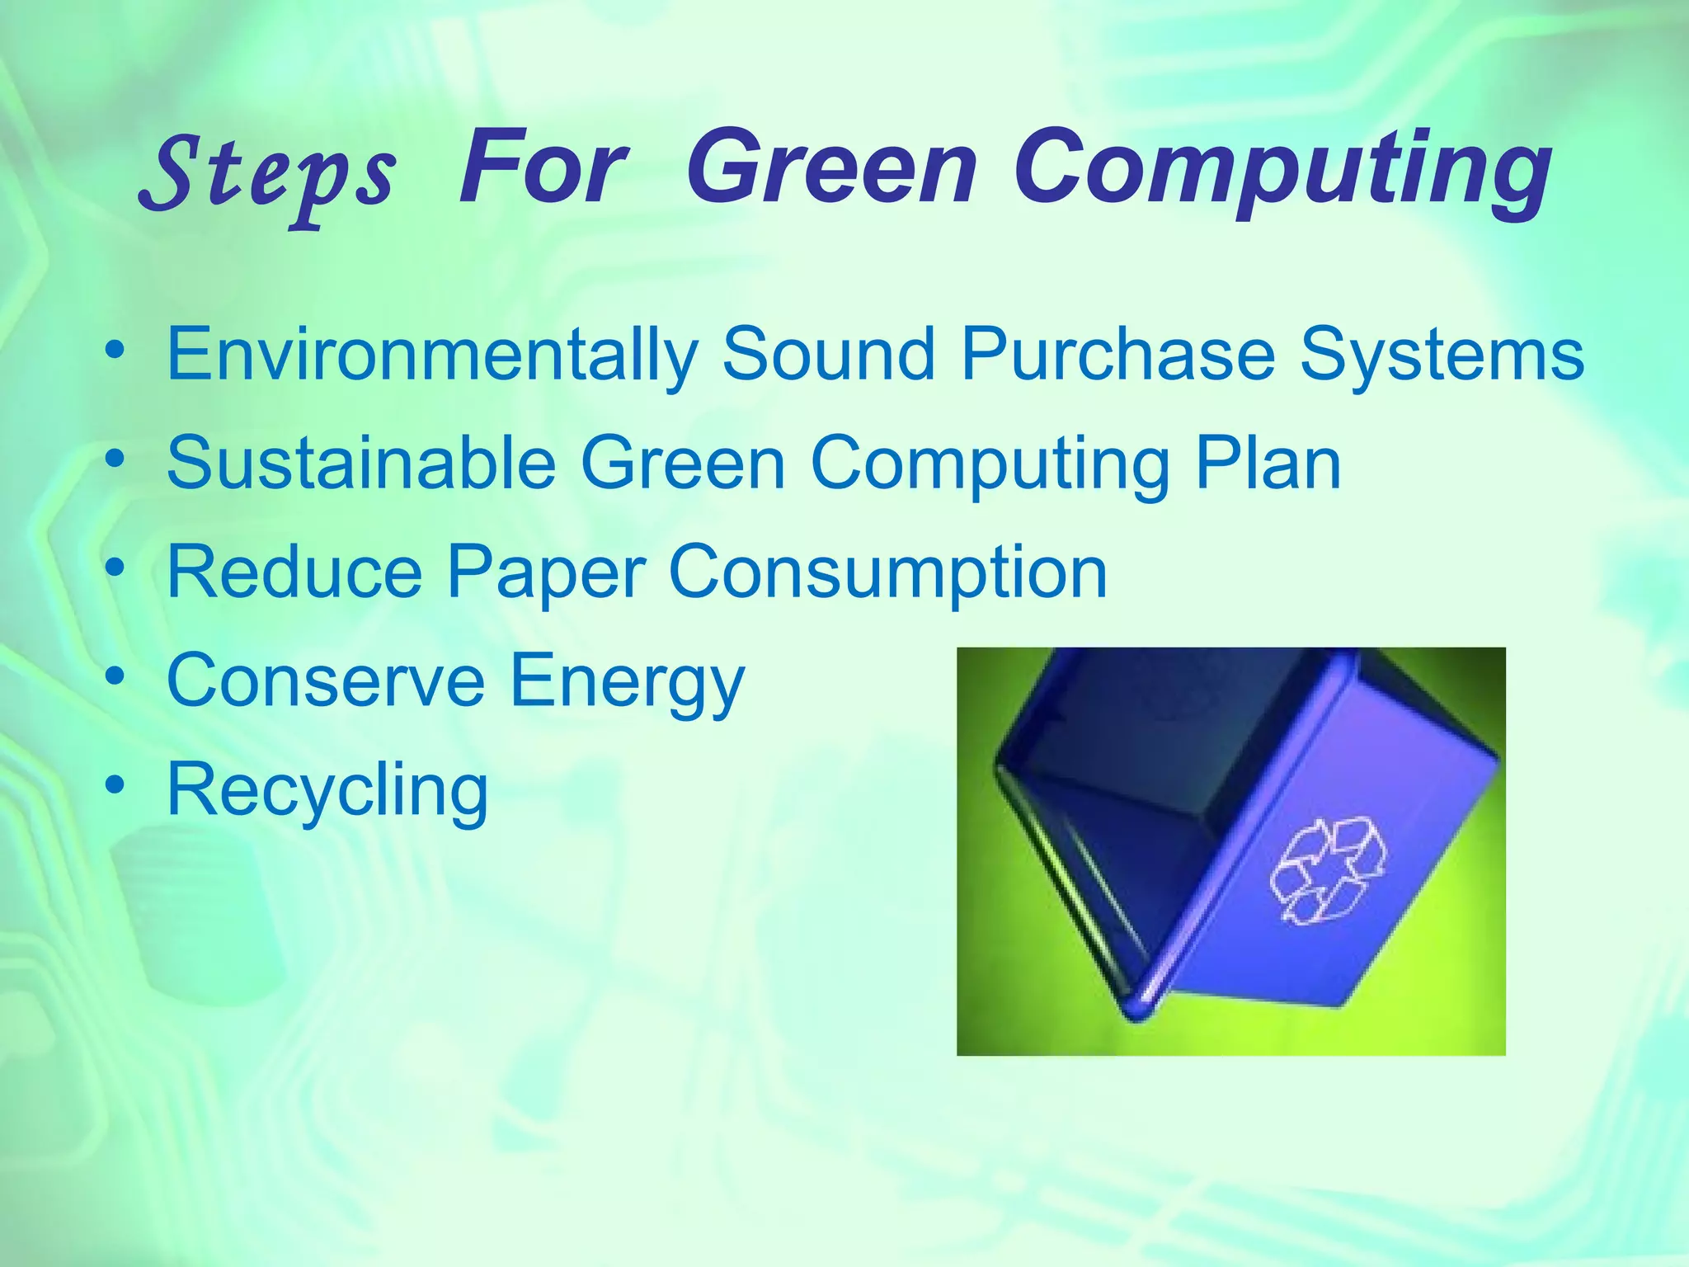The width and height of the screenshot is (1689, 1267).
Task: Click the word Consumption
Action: [888, 572]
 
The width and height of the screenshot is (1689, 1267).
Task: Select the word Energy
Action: [627, 683]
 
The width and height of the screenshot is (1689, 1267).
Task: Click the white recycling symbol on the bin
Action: [1327, 870]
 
